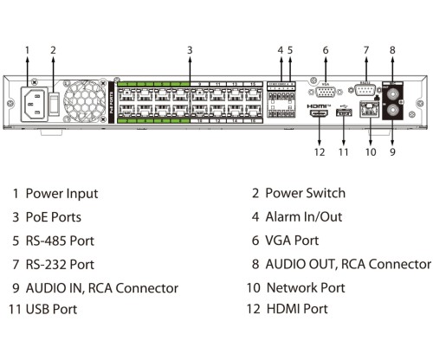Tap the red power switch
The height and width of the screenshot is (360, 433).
(54, 105)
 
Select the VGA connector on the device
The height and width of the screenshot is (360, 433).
(326, 90)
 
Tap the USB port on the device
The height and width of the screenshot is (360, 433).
(344, 114)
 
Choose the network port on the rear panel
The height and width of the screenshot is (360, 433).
(370, 112)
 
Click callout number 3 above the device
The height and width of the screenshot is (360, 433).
(189, 49)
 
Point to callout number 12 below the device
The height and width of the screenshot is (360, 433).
(319, 152)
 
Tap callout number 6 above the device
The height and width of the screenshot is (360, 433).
(326, 49)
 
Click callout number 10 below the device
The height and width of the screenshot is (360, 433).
(370, 152)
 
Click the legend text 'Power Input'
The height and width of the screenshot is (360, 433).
(61, 194)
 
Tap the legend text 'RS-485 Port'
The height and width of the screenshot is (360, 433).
(60, 241)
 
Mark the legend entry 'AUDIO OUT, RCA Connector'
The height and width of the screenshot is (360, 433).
(347, 264)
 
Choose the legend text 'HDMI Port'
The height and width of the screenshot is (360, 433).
(296, 309)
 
